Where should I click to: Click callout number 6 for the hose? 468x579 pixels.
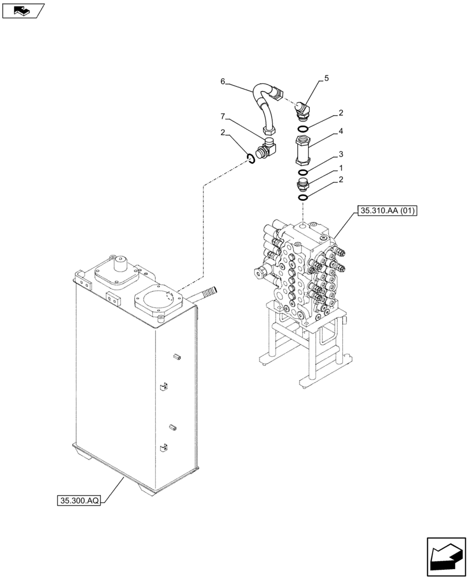coord(222,82)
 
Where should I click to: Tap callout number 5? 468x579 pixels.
coord(326,78)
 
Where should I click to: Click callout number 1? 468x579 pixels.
coord(341,168)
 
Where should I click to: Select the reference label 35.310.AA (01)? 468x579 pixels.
coord(387,212)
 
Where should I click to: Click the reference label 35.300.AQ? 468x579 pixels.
coord(79,499)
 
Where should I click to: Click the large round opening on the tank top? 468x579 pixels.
coord(159,302)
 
